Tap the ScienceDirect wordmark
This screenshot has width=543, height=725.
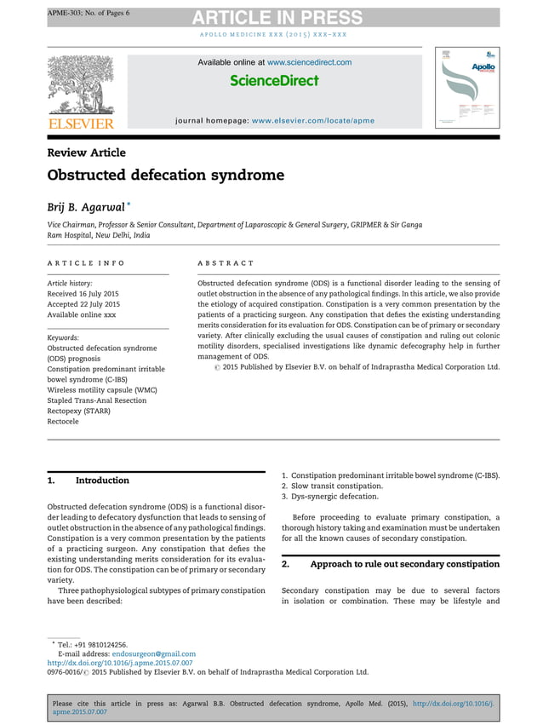coord(274,81)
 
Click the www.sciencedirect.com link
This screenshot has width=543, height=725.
coord(309,62)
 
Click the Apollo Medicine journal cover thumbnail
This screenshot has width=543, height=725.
coord(467,89)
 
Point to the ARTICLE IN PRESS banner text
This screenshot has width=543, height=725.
coord(277,18)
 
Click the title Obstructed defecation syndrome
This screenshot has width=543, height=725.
coord(165,175)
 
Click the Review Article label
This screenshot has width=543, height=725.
coord(86,152)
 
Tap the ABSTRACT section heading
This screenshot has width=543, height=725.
coord(226,264)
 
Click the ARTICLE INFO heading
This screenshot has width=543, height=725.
coord(86,264)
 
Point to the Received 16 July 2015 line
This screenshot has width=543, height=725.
coord(83,294)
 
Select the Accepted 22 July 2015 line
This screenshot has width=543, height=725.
coord(83,304)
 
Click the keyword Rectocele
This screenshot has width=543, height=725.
coord(65,420)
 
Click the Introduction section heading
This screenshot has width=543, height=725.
coord(102,480)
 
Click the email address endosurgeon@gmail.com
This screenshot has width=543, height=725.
coord(160,653)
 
